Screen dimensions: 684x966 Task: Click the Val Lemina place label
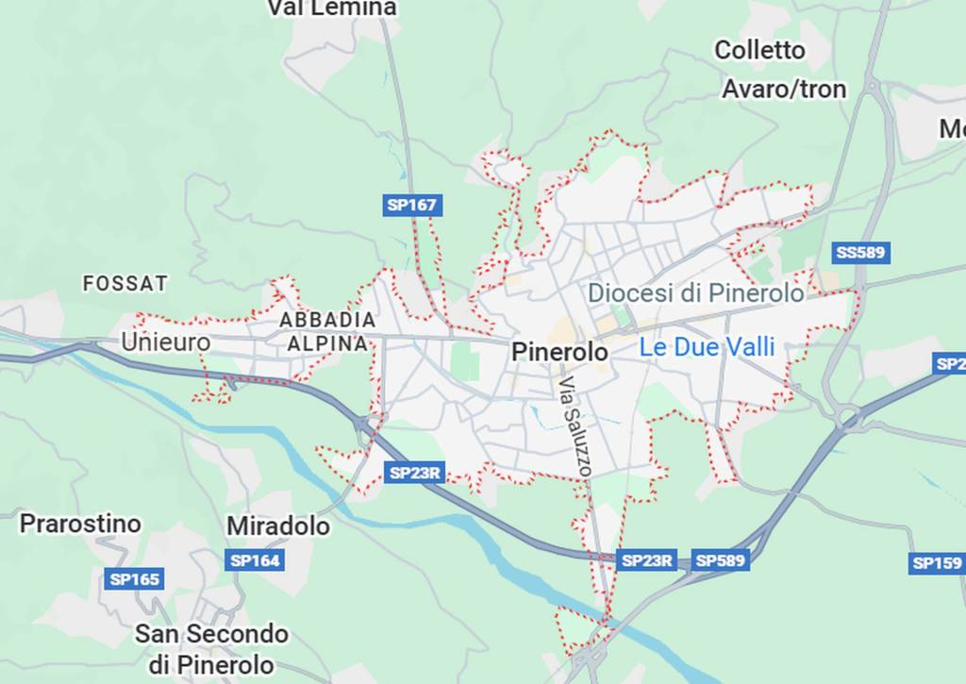(x=331, y=8)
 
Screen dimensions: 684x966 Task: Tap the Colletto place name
(x=759, y=50)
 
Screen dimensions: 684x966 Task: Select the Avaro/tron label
(x=784, y=90)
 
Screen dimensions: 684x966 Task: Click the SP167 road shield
(x=413, y=205)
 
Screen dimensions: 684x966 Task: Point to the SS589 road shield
(x=862, y=253)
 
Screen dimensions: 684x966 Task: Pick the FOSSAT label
(x=125, y=283)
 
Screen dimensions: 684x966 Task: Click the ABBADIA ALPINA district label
(x=327, y=332)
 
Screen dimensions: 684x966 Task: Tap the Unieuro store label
(x=165, y=342)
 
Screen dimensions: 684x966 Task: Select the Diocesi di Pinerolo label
(x=696, y=292)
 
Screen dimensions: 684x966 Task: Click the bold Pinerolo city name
(x=559, y=352)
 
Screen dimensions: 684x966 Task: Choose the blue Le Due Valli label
(x=707, y=347)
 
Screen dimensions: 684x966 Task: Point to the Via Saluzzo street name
(x=575, y=425)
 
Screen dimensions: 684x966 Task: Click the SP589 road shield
(x=721, y=560)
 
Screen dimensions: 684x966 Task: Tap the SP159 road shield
(x=938, y=563)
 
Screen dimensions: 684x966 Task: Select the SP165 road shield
(x=135, y=579)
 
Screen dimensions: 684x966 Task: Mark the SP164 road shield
(x=255, y=560)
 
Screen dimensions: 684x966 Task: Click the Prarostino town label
(x=80, y=524)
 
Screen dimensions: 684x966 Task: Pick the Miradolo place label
(x=278, y=526)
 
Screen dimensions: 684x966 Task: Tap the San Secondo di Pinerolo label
(x=211, y=647)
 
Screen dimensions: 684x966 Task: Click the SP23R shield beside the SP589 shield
(x=647, y=560)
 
